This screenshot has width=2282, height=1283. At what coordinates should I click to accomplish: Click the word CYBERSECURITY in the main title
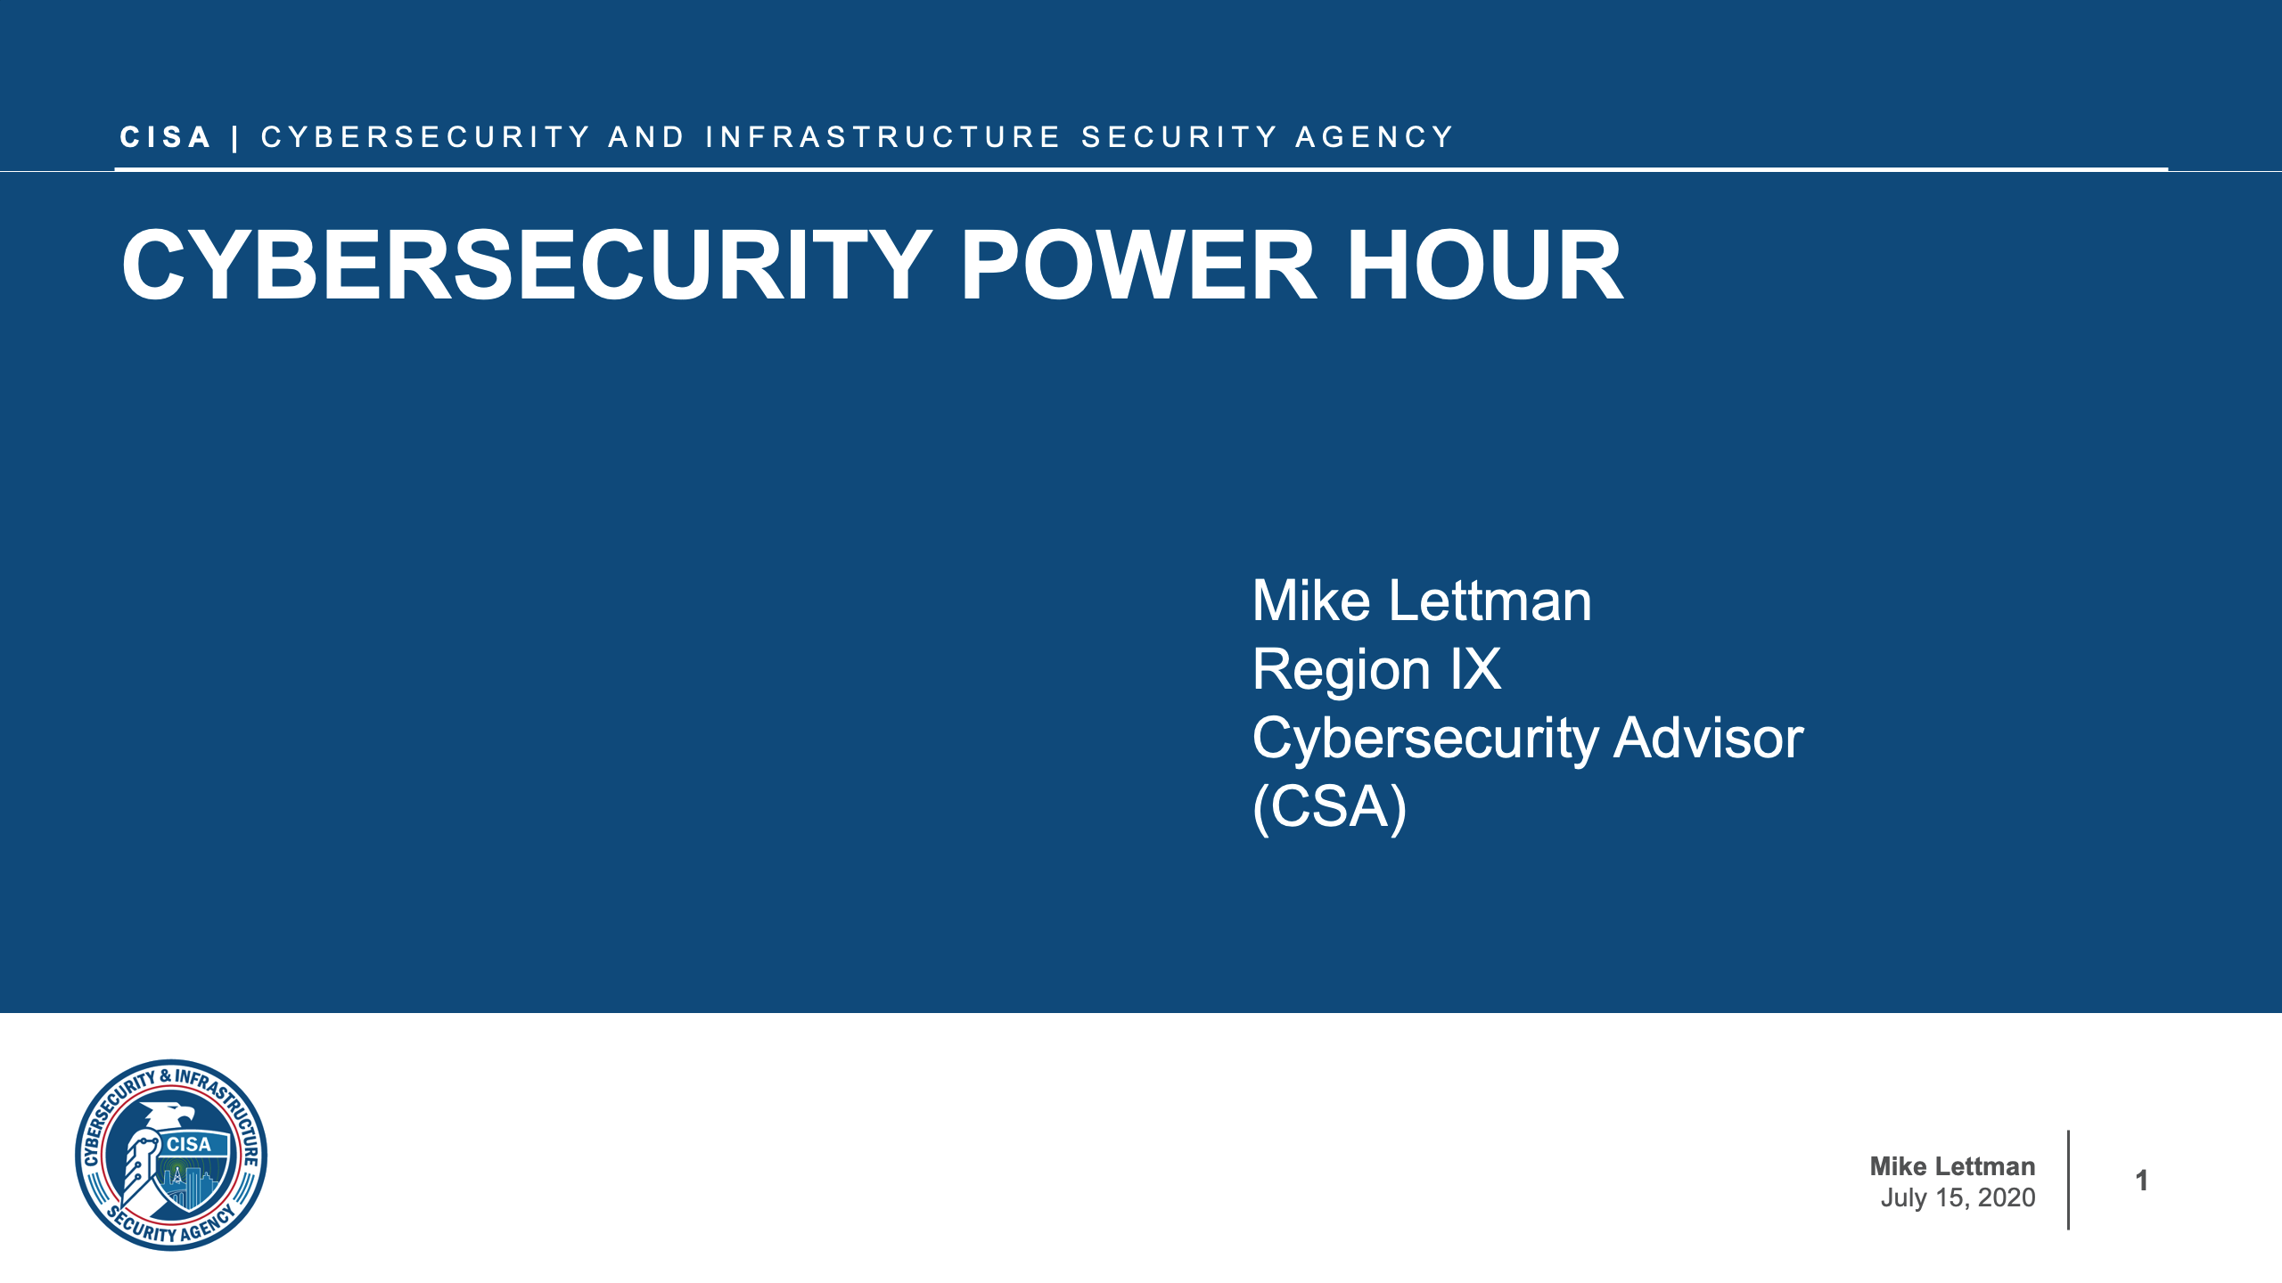[526, 266]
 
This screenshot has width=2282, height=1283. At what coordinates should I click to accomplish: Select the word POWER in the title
[1137, 266]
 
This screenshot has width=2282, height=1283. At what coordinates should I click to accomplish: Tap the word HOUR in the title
[1484, 266]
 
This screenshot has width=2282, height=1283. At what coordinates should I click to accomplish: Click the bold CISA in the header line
[165, 137]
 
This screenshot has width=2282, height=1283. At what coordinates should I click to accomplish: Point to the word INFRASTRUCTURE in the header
[882, 137]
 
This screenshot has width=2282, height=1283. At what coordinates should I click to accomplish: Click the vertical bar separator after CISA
[235, 139]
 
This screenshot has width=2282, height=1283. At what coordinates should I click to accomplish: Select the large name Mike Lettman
[1421, 601]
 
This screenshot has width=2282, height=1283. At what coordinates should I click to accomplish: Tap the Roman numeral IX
[1475, 669]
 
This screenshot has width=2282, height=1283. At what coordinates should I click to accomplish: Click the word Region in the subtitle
[1342, 669]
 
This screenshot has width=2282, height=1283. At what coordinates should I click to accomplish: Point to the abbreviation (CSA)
[1329, 806]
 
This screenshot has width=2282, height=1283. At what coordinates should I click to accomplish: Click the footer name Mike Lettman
[1952, 1166]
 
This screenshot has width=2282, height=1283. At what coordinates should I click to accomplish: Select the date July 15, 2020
[1958, 1197]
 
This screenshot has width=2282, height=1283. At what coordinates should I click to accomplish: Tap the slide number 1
[2141, 1181]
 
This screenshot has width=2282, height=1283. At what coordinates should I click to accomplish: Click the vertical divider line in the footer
[2068, 1181]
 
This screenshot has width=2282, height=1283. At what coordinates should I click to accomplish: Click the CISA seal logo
[171, 1155]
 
